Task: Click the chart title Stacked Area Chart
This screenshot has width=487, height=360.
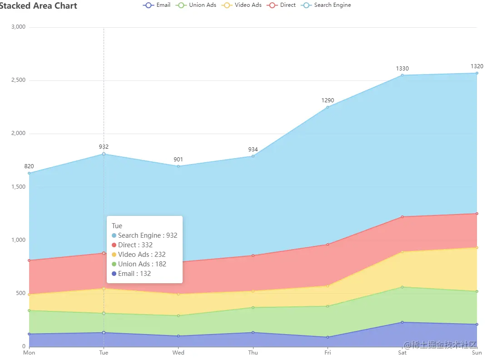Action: pos(38,6)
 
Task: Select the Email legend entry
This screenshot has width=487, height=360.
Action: pos(157,5)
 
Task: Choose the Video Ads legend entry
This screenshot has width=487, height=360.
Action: pos(242,5)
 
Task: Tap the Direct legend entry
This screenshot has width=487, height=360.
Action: pos(282,5)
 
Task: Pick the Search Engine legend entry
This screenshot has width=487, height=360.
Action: pos(327,5)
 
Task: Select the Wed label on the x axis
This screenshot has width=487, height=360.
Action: pos(179,353)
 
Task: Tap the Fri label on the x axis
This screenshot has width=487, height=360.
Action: pos(328,353)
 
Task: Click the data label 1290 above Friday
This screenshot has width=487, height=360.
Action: pos(328,100)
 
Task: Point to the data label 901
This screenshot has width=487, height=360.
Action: pos(179,160)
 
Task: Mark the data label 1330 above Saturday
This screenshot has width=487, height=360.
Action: pos(402,69)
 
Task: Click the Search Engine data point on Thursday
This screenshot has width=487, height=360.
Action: pos(253,156)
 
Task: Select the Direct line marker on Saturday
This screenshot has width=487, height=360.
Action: pos(403,217)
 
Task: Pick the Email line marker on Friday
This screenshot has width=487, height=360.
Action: pos(328,337)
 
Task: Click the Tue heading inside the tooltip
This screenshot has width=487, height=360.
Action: pos(117,226)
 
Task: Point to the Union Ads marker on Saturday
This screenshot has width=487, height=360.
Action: pos(403,287)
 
